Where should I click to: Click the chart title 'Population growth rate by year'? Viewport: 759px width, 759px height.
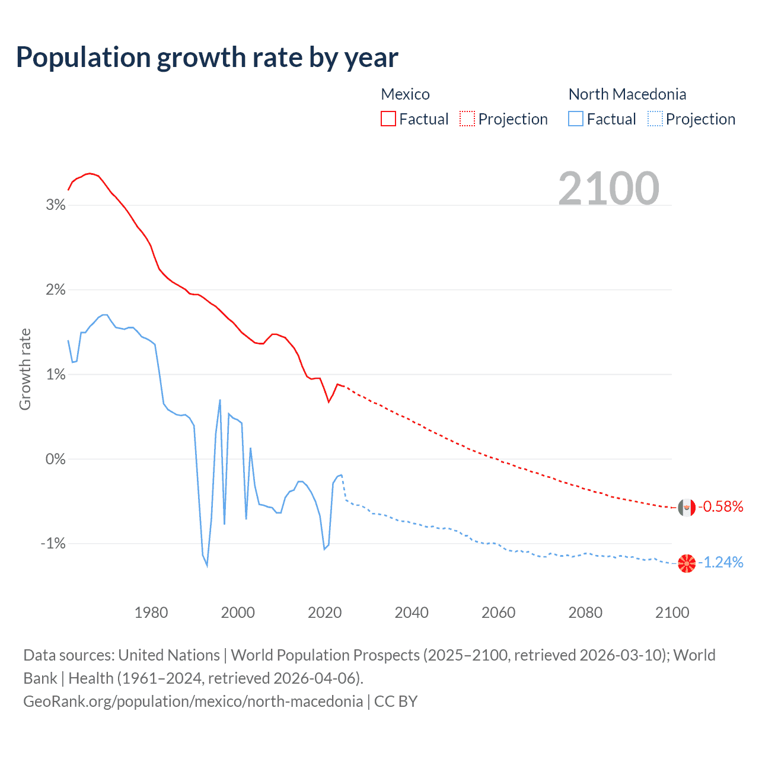(207, 58)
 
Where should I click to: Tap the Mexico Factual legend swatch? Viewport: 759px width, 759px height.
(388, 119)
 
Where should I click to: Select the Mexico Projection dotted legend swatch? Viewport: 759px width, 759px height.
(467, 119)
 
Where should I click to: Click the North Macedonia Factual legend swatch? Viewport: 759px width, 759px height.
(575, 119)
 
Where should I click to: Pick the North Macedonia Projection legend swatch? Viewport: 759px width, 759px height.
(655, 119)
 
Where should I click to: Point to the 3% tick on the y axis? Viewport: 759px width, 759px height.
(55, 205)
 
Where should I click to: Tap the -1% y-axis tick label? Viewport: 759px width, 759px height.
(53, 544)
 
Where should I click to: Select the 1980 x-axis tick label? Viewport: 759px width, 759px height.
(151, 613)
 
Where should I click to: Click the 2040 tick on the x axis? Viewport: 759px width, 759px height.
(412, 613)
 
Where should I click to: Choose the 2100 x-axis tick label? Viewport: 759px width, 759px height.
(672, 613)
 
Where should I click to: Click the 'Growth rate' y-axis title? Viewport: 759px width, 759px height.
(25, 369)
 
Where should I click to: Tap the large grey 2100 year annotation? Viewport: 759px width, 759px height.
(608, 189)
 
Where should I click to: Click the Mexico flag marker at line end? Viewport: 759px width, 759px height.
(687, 508)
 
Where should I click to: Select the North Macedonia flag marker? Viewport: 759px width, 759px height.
(687, 563)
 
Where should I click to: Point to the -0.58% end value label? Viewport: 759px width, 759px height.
(720, 507)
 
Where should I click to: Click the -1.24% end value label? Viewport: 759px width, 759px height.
(720, 563)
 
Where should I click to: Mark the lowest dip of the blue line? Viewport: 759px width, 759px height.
(207, 566)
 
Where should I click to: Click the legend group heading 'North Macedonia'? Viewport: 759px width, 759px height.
(627, 94)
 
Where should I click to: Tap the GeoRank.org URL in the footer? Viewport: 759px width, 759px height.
(193, 701)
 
